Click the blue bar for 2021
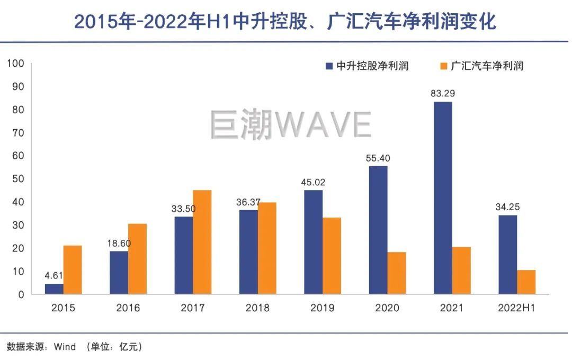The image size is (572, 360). (x=443, y=198)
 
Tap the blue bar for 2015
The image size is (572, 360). (x=54, y=289)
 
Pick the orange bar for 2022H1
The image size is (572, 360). (x=526, y=282)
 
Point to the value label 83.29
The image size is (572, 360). (x=443, y=94)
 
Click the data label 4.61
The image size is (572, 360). (x=54, y=275)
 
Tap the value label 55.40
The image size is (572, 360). (x=378, y=158)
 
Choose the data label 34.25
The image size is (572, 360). (x=507, y=206)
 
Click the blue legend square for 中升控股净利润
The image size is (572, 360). (x=328, y=66)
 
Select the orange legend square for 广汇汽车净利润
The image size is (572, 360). (x=443, y=66)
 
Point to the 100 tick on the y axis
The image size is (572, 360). (x=15, y=64)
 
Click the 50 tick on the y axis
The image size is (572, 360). (x=18, y=179)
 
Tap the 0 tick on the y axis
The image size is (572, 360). (x=21, y=294)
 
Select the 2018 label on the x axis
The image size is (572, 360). (x=258, y=308)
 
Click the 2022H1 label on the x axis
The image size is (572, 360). (x=516, y=308)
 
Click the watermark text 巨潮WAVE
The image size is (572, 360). (x=290, y=125)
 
